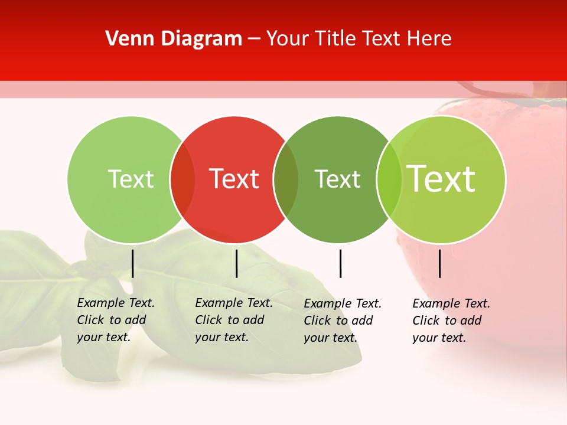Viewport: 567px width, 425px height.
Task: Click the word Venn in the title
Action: (x=126, y=39)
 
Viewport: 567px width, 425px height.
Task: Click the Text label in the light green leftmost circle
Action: (x=131, y=179)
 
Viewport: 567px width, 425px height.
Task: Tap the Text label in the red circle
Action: (x=234, y=179)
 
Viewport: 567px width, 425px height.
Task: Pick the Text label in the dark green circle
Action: (x=337, y=179)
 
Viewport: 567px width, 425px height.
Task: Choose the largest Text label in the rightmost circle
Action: (x=441, y=178)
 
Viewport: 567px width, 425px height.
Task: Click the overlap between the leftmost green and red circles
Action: (x=183, y=179)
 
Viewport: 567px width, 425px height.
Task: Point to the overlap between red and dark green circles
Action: (x=286, y=179)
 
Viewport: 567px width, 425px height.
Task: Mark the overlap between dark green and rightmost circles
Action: (x=389, y=179)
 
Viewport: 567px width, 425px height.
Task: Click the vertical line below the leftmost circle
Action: (x=133, y=263)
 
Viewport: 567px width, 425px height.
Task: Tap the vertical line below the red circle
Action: (x=237, y=263)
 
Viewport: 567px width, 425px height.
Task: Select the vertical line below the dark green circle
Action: (x=341, y=263)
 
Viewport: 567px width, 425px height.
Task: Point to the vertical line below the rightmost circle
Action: (x=440, y=263)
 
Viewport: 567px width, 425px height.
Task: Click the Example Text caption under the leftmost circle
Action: (x=115, y=320)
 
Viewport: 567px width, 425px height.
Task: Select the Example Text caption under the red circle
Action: (x=233, y=320)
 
